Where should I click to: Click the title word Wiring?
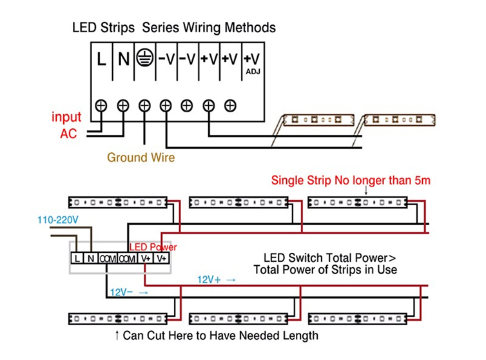click(202, 28)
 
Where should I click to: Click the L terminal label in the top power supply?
click(101, 59)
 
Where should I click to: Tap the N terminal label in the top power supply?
click(124, 59)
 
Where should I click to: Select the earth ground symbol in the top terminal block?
click(144, 57)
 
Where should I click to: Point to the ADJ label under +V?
click(253, 72)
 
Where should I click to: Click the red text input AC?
click(66, 125)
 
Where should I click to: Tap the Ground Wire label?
click(141, 157)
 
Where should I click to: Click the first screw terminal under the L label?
click(101, 106)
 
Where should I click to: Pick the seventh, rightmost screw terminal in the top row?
click(230, 106)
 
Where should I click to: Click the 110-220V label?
click(58, 220)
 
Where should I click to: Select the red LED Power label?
click(153, 247)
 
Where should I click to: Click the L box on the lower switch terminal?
click(77, 258)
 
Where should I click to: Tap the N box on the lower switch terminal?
click(90, 258)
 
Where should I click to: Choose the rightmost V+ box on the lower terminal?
click(162, 258)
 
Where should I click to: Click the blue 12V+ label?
click(209, 280)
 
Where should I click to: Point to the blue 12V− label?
click(121, 292)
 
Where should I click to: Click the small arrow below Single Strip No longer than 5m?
click(366, 190)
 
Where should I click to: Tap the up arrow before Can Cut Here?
click(117, 335)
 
